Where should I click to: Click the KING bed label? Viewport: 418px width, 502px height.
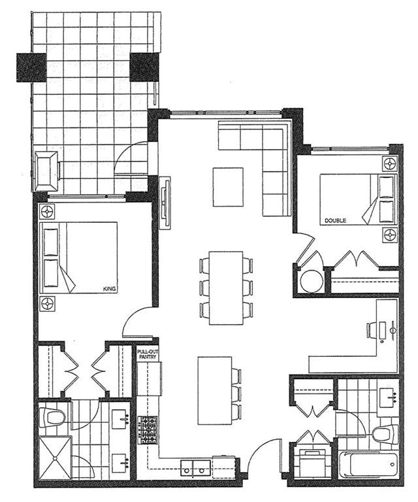109,289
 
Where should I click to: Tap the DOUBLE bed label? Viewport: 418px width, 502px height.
335,220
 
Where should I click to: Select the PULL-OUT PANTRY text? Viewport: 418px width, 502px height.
148,352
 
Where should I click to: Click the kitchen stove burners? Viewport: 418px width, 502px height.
148,429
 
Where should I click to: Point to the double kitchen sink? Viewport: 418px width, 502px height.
195,468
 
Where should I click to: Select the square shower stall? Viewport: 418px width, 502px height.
56,458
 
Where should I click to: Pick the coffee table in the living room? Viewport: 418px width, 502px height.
228,188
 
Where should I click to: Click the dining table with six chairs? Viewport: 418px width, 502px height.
226,288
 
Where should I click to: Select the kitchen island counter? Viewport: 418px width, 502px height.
215,391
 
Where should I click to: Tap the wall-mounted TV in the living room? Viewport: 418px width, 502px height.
165,203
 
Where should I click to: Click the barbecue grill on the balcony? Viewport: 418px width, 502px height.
46,171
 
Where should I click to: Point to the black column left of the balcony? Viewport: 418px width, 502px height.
31,67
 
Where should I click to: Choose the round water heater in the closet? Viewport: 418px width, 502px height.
312,281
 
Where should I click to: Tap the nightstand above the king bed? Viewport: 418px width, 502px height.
48,212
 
